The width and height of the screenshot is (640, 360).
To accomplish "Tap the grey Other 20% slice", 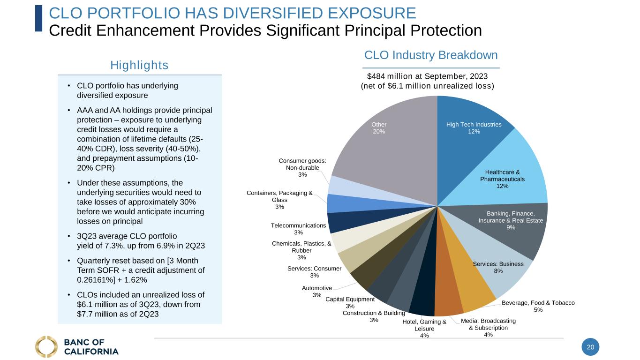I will pyautogui.click(x=384, y=141).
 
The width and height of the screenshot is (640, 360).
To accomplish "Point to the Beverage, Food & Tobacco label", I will pyautogui.click(x=538, y=306).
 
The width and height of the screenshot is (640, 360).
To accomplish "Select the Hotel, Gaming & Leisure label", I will pyautogui.click(x=424, y=329).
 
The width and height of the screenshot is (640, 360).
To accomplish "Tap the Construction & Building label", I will pyautogui.click(x=374, y=316).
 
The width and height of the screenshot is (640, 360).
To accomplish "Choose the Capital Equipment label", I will pyautogui.click(x=350, y=302).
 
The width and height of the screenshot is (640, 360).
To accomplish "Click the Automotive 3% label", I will pyautogui.click(x=317, y=292).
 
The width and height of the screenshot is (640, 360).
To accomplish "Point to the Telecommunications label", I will pyautogui.click(x=298, y=229).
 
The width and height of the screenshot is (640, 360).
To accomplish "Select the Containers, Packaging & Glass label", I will pyautogui.click(x=280, y=200).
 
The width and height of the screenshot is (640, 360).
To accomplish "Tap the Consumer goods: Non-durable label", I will pyautogui.click(x=302, y=167).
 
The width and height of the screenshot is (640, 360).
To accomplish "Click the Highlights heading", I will pyautogui.click(x=139, y=65).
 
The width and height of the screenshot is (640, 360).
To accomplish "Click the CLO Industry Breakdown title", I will pyautogui.click(x=431, y=55).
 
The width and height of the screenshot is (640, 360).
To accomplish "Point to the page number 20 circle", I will pyautogui.click(x=590, y=347).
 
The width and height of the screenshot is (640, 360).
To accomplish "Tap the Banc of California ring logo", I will pyautogui.click(x=46, y=347).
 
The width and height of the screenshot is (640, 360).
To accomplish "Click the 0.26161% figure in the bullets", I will pyautogui.click(x=96, y=280).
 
